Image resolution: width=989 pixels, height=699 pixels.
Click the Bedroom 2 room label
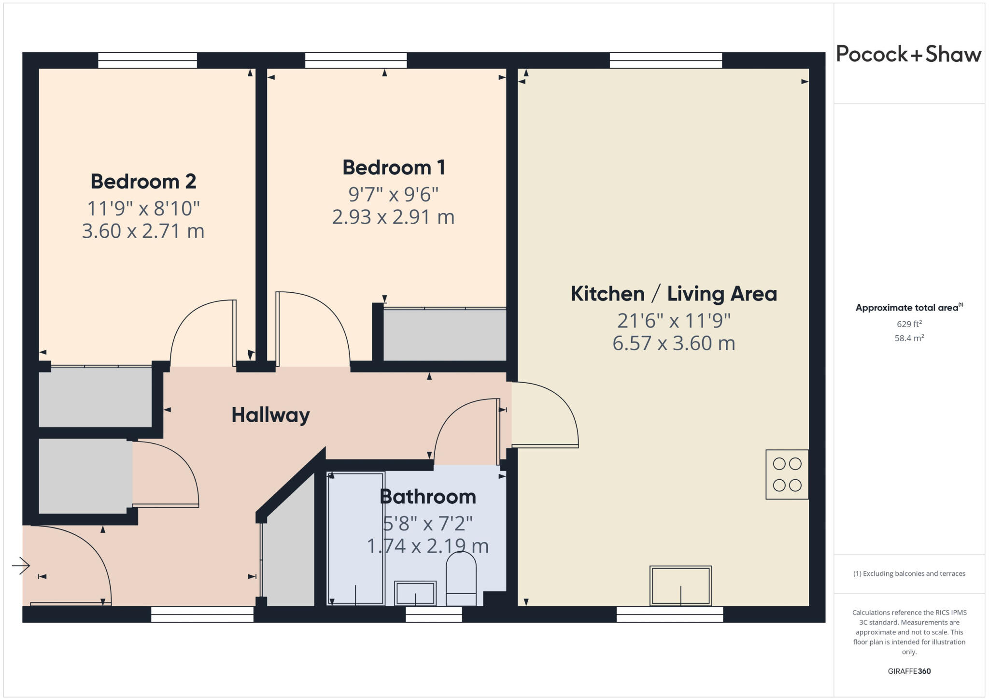point(143,182)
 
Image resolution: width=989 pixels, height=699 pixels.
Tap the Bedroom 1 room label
point(394,168)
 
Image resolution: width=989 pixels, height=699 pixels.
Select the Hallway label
point(270,415)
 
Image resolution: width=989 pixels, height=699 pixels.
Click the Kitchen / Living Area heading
point(674,294)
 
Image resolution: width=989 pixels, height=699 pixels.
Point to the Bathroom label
point(428,497)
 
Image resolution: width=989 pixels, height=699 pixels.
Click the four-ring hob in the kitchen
point(787,474)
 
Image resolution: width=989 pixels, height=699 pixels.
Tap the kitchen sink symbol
point(680,585)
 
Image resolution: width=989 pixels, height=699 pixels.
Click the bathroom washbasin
point(415,593)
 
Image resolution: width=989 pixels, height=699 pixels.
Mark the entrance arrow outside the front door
point(21,565)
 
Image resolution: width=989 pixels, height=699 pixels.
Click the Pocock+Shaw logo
point(908,54)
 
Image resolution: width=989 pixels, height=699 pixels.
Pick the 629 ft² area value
point(909,324)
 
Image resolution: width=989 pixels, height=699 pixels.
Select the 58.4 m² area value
point(909,338)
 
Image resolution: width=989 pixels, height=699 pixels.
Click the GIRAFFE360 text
point(909,671)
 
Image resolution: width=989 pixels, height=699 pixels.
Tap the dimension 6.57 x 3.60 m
point(674,343)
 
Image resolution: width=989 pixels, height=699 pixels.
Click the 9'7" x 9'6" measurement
point(394,195)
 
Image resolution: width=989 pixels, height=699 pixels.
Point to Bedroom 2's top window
point(147,60)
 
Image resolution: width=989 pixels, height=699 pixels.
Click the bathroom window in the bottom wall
point(434,614)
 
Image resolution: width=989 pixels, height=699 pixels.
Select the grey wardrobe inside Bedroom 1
point(444,335)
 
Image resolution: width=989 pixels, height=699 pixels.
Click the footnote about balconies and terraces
point(909,574)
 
